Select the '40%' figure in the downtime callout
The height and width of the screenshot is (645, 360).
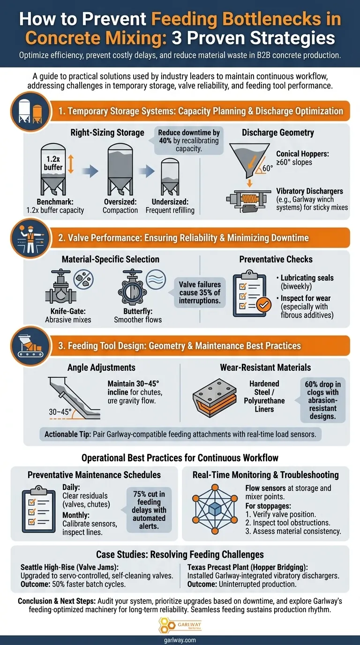166,142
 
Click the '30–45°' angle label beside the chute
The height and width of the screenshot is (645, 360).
60,412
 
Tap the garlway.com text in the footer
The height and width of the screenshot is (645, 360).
180,640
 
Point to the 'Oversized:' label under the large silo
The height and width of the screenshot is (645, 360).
120,201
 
